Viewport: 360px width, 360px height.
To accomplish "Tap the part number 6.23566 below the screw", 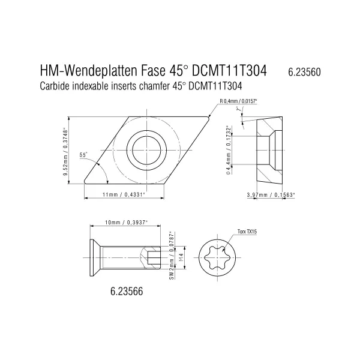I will coord(127,291).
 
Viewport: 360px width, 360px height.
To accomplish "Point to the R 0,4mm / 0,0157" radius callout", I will coord(239,101).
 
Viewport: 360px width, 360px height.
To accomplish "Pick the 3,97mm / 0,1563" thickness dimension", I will coord(271,195).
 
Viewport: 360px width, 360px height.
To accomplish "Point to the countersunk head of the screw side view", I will coord(95,258).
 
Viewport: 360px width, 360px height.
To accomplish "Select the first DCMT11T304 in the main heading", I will coord(231,71).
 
